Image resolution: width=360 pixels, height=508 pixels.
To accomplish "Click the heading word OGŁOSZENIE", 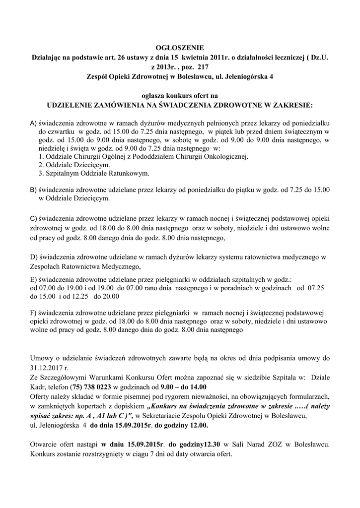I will point(180,48).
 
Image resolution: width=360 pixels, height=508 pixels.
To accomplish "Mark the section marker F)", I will point(33,313).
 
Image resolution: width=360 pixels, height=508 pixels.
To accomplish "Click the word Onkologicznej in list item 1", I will point(226,156).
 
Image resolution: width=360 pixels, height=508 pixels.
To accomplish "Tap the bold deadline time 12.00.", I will point(199,426).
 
